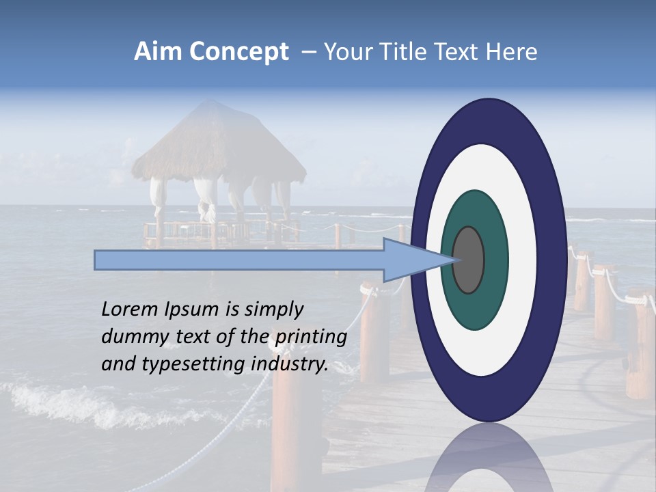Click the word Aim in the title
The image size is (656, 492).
click(x=158, y=52)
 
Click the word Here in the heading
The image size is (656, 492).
click(x=512, y=52)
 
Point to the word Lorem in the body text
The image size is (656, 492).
click(x=129, y=310)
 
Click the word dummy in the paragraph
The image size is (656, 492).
click(x=133, y=337)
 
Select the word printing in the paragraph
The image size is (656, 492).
click(x=311, y=337)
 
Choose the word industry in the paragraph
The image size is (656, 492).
click(x=290, y=364)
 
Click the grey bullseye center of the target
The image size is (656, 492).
click(x=468, y=260)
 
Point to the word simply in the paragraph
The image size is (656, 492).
click(x=273, y=310)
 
